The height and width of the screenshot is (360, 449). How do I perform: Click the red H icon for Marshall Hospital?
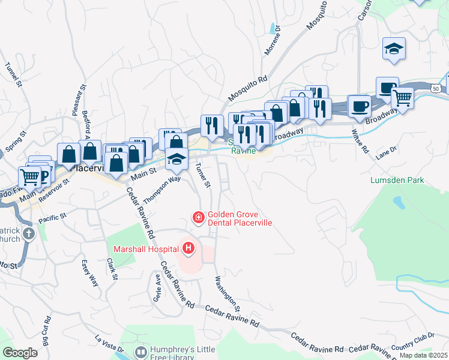pyautogui.click(x=188, y=247)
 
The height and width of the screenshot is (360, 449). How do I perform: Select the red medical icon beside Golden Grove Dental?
pyautogui.click(x=197, y=217)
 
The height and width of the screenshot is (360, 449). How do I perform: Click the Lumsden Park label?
pyautogui.click(x=398, y=180)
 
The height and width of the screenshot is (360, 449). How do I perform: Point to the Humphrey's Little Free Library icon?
pyautogui.click(x=141, y=352)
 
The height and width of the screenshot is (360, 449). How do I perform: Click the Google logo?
pyautogui.click(x=20, y=353)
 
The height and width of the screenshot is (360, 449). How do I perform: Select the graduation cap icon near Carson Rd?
pyautogui.click(x=394, y=49)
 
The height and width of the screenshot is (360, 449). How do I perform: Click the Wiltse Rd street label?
pyautogui.click(x=360, y=140)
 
